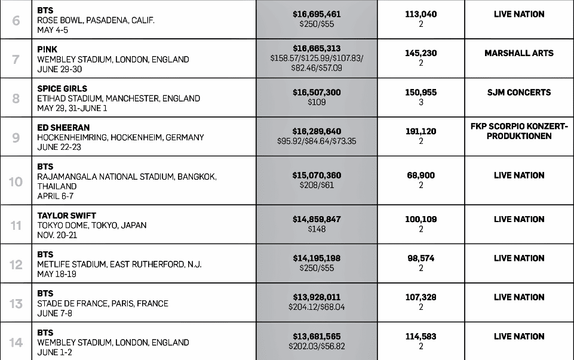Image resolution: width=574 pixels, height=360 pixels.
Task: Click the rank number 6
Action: pyautogui.click(x=16, y=20)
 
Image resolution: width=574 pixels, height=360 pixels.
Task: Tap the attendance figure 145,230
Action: pyautogui.click(x=420, y=53)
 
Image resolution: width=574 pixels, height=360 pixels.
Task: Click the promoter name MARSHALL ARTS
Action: pyautogui.click(x=518, y=53)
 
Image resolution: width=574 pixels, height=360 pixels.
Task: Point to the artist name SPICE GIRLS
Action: pyautogui.click(x=62, y=88)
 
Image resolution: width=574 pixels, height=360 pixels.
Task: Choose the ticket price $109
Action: pyautogui.click(x=317, y=103)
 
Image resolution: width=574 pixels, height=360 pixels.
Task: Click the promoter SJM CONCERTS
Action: pyautogui.click(x=518, y=93)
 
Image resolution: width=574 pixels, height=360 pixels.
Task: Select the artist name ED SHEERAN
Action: pyautogui.click(x=63, y=128)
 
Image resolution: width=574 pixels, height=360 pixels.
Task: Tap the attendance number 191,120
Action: pyautogui.click(x=420, y=131)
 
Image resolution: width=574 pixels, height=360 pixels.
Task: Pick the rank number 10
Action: pyautogui.click(x=16, y=181)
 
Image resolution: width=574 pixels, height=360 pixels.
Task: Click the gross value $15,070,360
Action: pyautogui.click(x=317, y=176)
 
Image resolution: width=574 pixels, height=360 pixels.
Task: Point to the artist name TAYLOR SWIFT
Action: pyautogui.click(x=66, y=216)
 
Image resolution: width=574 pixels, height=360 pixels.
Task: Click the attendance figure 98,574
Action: pyautogui.click(x=420, y=259)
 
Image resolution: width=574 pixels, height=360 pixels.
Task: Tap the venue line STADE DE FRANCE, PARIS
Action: pyautogui.click(x=103, y=303)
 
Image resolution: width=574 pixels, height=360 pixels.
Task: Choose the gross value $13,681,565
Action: pyautogui.click(x=317, y=337)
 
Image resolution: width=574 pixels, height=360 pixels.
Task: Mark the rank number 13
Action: pyautogui.click(x=16, y=303)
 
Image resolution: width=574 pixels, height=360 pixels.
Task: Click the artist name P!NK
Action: pyautogui.click(x=47, y=50)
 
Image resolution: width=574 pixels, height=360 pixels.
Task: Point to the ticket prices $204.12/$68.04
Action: pyautogui.click(x=317, y=307)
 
